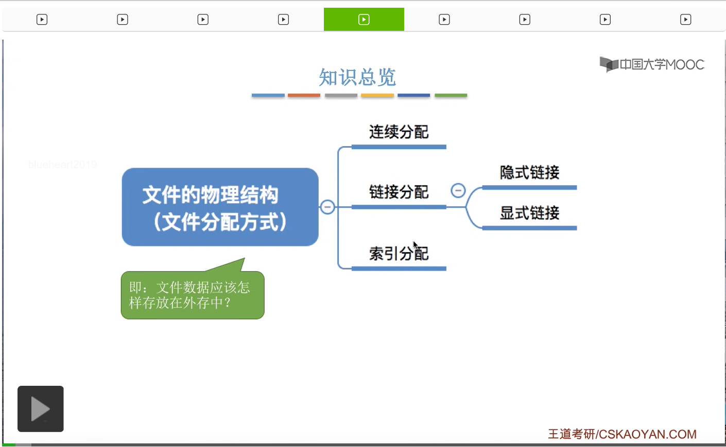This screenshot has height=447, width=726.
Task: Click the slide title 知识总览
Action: [357, 78]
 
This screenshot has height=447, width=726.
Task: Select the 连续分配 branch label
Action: [399, 132]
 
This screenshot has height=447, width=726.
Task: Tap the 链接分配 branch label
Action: [399, 192]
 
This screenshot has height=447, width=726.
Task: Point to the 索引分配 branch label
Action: [399, 254]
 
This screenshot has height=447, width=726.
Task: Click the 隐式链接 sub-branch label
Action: [529, 172]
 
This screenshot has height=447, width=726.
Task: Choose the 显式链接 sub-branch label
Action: [529, 213]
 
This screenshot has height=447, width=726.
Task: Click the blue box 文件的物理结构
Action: [220, 207]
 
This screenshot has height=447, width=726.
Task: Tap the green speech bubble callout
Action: [192, 295]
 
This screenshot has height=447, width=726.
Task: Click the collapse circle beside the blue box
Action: [327, 207]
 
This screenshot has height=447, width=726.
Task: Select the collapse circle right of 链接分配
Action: [458, 191]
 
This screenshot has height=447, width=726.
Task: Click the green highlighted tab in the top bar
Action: [364, 20]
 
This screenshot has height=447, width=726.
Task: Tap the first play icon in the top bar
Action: [42, 20]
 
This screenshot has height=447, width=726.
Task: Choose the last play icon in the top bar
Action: [685, 20]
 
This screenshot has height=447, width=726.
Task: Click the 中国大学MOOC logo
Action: [652, 64]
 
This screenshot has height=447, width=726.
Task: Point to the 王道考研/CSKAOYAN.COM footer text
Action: [622, 434]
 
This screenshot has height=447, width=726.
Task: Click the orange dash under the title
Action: [304, 95]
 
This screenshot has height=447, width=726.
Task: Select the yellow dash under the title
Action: [377, 95]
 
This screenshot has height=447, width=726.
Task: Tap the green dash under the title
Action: [451, 95]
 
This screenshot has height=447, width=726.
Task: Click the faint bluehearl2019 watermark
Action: [63, 165]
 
